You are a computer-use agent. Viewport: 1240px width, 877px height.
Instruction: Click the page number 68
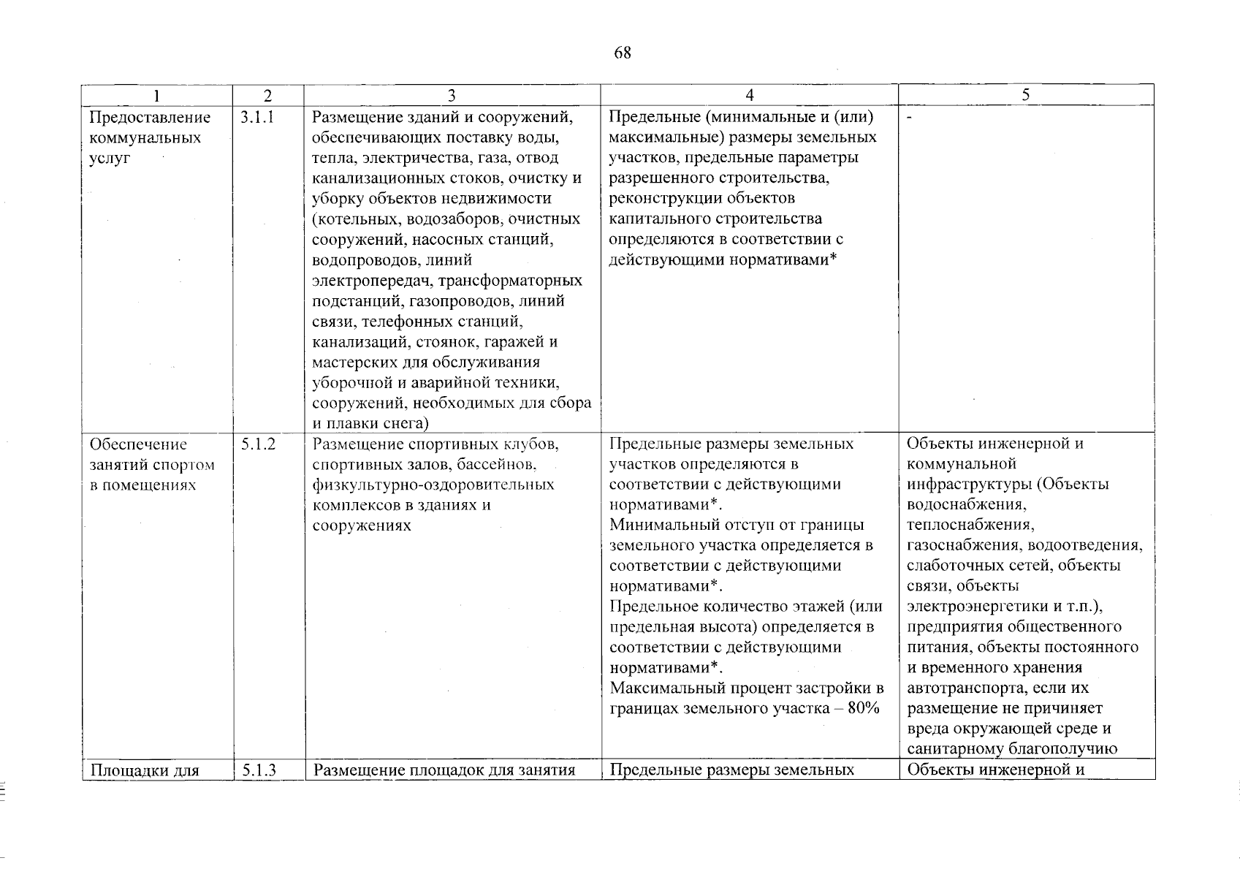point(622,53)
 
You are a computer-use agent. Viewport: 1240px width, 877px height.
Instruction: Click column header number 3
point(452,96)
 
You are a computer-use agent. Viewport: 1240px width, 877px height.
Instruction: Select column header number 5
point(1026,95)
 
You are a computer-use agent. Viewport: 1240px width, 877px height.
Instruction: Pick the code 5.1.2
point(257,444)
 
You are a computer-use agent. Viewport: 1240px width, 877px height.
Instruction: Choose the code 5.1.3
point(257,770)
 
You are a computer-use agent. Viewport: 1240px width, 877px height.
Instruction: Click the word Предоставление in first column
point(150,118)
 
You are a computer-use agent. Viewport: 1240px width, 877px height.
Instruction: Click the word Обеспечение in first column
point(138,444)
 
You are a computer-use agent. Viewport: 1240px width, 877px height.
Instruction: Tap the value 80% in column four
point(863,708)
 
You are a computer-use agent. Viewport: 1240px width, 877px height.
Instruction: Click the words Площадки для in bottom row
point(145,770)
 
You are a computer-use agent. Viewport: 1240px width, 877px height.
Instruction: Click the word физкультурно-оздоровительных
point(433,485)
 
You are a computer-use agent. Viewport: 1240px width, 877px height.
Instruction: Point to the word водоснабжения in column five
point(965,505)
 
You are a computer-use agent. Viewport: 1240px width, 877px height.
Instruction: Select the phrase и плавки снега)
point(370,423)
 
